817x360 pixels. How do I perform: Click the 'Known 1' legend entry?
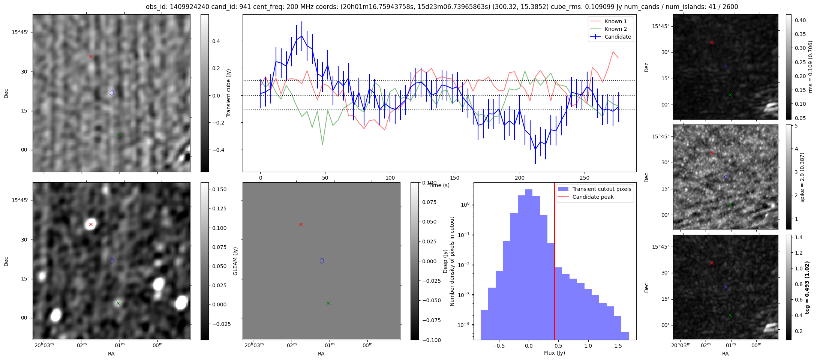(x=615, y=21)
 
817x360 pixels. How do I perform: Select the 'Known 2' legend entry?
(x=615, y=29)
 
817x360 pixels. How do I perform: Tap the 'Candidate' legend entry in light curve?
(x=618, y=37)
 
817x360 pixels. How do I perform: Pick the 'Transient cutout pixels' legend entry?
(x=601, y=189)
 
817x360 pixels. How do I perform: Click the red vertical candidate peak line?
(x=555, y=262)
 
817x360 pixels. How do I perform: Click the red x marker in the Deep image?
(x=91, y=225)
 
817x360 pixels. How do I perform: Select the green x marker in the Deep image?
(x=118, y=303)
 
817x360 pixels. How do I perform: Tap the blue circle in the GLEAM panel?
(x=322, y=261)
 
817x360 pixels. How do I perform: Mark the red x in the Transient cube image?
(x=91, y=57)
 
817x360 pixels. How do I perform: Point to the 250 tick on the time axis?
(x=585, y=178)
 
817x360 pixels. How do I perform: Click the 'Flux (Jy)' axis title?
(x=554, y=353)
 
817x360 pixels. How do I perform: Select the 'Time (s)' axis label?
(x=439, y=185)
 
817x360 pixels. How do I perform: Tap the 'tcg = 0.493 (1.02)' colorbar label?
(x=807, y=287)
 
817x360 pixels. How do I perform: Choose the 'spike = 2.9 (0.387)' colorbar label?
(x=802, y=177)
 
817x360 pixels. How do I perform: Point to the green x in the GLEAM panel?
(x=328, y=303)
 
